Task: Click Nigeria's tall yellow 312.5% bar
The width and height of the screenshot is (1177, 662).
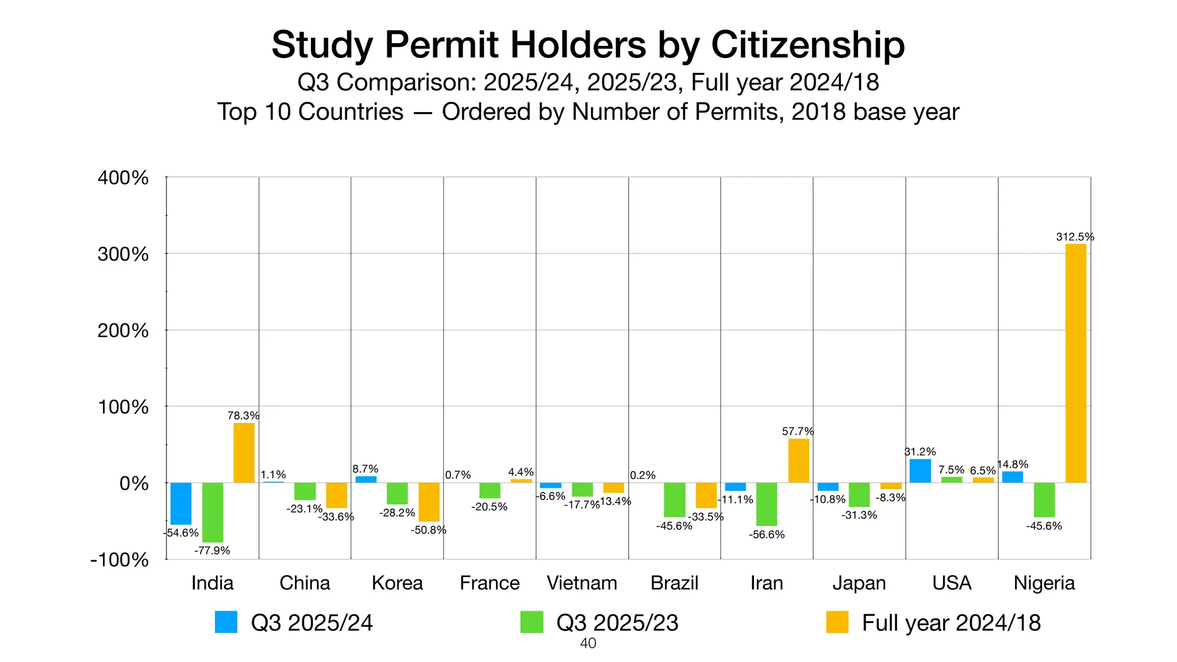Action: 1075,363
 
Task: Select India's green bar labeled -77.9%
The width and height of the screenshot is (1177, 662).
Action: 213,512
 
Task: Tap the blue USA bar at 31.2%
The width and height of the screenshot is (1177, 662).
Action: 920,471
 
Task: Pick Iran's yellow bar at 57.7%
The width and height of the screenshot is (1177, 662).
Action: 798,460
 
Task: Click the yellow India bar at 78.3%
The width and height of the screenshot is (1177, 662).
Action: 244,453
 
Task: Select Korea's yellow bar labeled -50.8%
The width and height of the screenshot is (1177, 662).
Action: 429,502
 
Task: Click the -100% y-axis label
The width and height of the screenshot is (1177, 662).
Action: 120,560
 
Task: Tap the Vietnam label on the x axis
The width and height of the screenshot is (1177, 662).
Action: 582,583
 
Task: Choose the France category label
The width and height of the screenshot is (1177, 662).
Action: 490,583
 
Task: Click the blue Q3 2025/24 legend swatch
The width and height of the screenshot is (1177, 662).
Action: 226,622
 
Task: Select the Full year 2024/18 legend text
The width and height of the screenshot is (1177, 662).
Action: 951,623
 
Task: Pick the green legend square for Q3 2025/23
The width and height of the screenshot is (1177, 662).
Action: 532,622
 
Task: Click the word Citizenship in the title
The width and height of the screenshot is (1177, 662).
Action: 807,45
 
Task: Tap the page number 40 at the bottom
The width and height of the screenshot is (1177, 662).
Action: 588,644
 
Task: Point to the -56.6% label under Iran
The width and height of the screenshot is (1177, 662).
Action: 766,534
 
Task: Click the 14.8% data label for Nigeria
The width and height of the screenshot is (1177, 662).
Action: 1013,464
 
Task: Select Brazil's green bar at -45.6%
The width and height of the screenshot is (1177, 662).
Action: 675,499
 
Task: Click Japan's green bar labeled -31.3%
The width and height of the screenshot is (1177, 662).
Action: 859,494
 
